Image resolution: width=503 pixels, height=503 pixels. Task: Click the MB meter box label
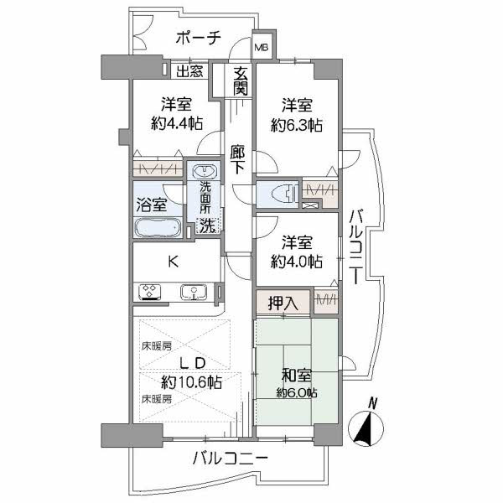tap(262, 48)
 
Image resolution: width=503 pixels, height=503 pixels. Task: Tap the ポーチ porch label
tap(199, 38)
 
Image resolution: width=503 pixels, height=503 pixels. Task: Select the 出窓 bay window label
tap(189, 71)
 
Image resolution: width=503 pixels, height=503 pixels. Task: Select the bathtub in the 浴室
tap(158, 228)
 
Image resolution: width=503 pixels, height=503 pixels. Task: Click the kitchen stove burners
tap(151, 293)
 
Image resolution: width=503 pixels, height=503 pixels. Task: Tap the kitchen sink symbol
tap(194, 293)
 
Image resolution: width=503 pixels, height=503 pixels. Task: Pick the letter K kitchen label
tap(173, 261)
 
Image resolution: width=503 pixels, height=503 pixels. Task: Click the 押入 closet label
tap(283, 302)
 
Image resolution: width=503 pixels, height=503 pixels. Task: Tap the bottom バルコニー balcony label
tap(230, 459)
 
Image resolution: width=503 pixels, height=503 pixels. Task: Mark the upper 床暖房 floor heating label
tap(156, 346)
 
